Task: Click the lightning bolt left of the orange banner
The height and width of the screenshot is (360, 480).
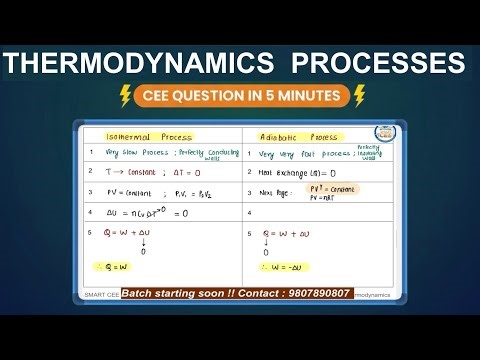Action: (x=126, y=96)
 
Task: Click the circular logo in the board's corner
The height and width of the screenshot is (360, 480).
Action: (x=383, y=135)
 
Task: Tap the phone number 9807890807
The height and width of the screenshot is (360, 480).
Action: (x=314, y=294)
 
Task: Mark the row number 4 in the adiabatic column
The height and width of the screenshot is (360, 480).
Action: (x=249, y=213)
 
